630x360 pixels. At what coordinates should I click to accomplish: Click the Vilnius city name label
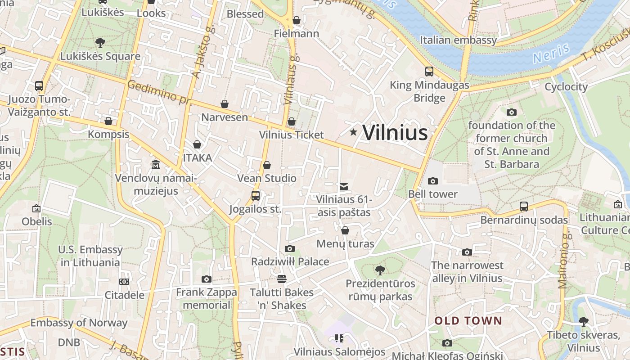(x=395, y=133)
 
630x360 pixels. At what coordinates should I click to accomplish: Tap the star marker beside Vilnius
(x=354, y=132)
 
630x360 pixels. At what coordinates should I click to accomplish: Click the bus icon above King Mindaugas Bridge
(x=429, y=71)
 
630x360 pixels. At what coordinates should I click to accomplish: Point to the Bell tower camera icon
(x=433, y=181)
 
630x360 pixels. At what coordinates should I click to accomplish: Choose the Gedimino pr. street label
(x=159, y=92)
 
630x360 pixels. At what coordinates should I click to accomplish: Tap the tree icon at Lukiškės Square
(x=100, y=43)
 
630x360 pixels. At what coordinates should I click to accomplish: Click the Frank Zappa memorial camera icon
(x=207, y=279)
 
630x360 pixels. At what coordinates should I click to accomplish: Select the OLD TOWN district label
(x=468, y=321)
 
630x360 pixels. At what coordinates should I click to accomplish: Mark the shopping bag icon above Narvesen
(x=225, y=104)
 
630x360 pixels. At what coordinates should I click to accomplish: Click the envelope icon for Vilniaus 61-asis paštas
(x=344, y=186)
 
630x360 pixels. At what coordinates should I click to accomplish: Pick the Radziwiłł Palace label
(x=290, y=261)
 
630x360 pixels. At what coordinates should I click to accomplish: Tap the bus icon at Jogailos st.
(x=255, y=196)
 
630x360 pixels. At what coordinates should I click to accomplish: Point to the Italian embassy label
(x=458, y=40)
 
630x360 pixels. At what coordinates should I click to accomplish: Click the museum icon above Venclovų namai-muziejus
(x=156, y=165)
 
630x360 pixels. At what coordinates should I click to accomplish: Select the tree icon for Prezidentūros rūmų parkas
(x=380, y=270)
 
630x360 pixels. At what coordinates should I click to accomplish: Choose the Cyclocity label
(x=566, y=87)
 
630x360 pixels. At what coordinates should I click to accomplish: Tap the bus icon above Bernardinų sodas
(x=524, y=207)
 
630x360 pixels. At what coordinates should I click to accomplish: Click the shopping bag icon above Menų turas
(x=345, y=230)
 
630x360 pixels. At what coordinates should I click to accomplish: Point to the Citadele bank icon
(x=124, y=282)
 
